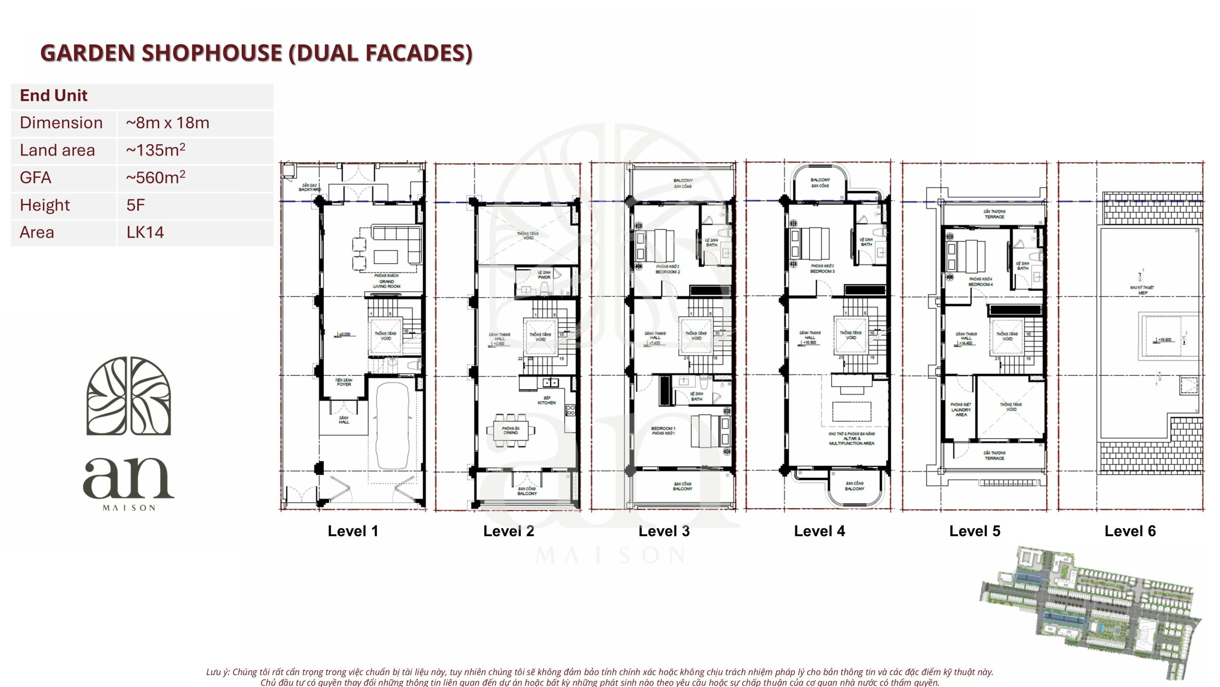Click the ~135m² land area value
pyautogui.click(x=155, y=150)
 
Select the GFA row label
pyautogui.click(x=35, y=178)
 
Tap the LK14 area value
pyautogui.click(x=145, y=233)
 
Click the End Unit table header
pyautogui.click(x=54, y=96)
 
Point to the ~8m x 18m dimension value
pyautogui.click(x=167, y=123)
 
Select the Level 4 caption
pyautogui.click(x=819, y=531)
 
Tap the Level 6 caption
pyautogui.click(x=1130, y=531)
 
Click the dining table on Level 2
pyautogui.click(x=510, y=431)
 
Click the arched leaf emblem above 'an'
pyautogui.click(x=129, y=396)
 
